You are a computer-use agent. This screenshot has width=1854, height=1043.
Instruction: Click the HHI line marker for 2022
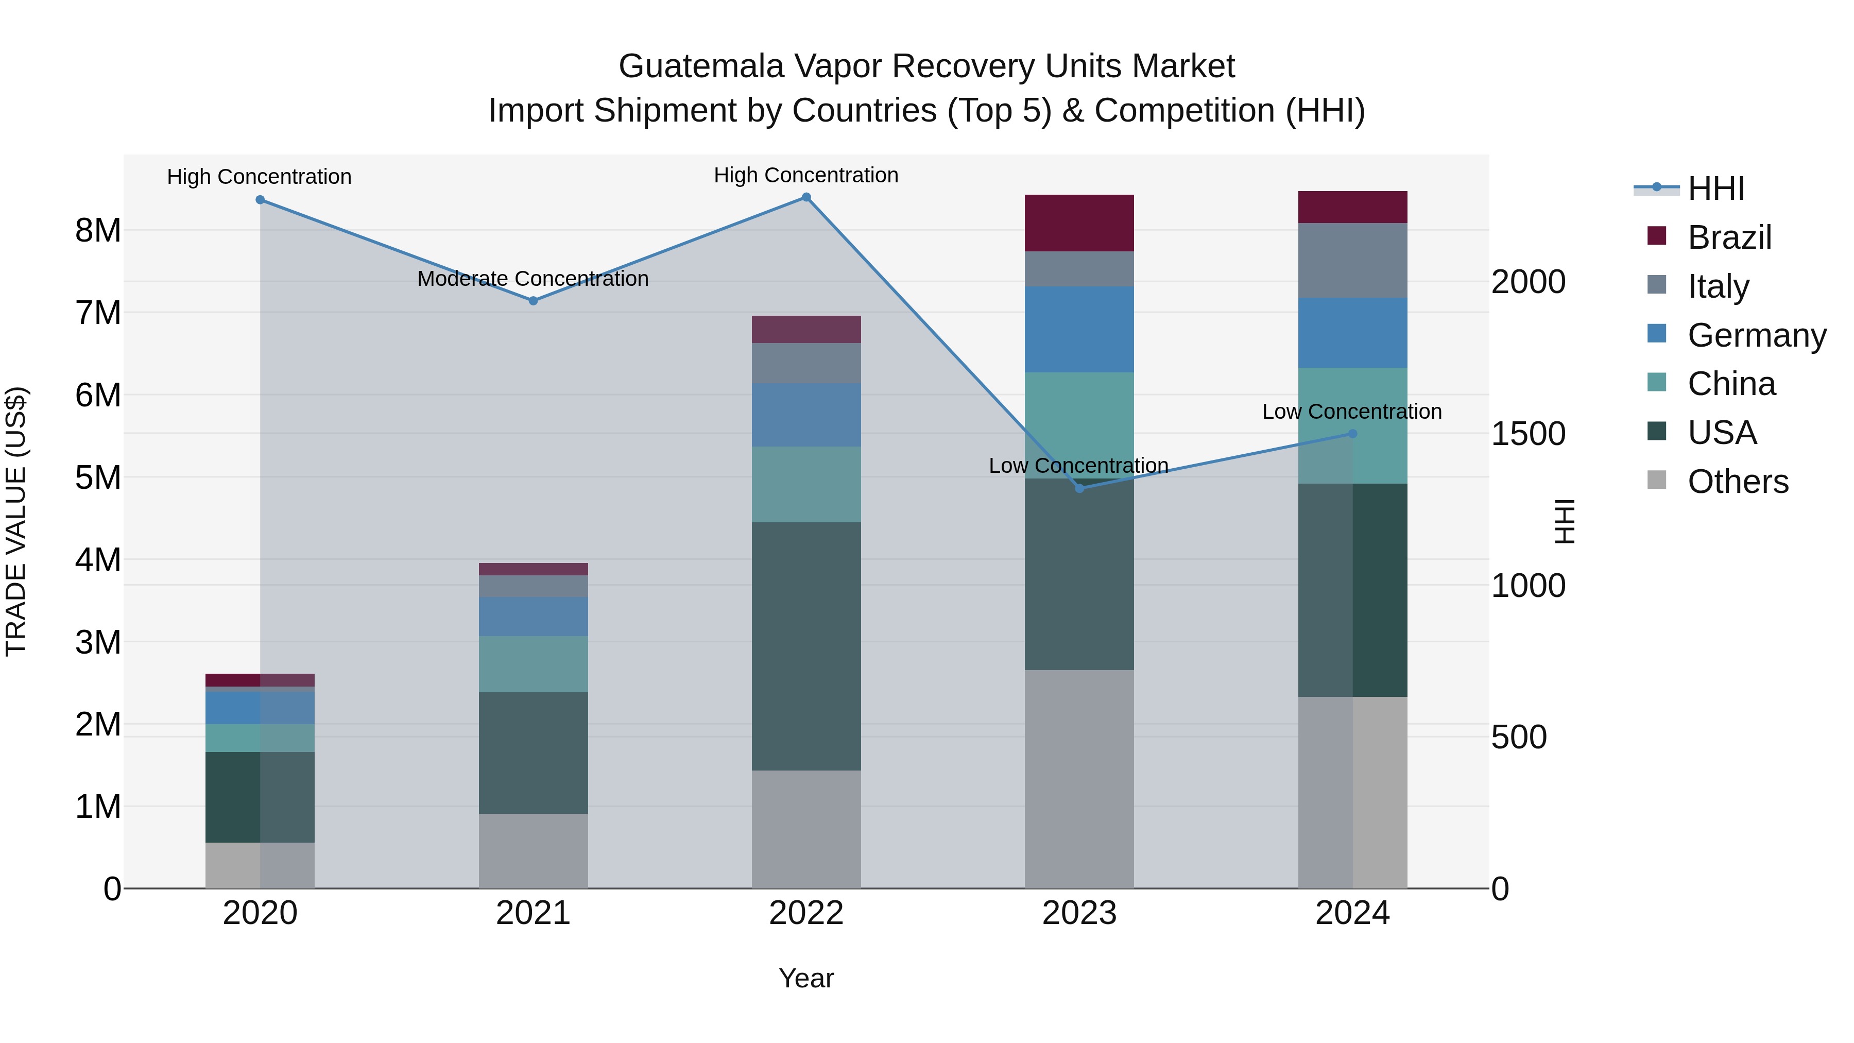pos(806,197)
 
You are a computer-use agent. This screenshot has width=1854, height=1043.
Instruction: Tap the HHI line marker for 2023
pos(1079,489)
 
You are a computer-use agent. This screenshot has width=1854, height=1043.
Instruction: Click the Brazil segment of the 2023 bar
pos(1079,223)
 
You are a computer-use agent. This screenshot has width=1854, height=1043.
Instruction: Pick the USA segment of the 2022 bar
pos(806,646)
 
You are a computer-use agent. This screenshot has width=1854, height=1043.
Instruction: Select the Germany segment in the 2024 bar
pos(1352,333)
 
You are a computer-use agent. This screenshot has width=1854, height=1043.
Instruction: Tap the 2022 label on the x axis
pos(806,913)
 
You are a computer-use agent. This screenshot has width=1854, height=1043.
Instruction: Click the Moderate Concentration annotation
pos(533,279)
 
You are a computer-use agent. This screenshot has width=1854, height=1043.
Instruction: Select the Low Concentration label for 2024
pos(1352,412)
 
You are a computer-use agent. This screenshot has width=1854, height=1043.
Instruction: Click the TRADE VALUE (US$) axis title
pos(16,521)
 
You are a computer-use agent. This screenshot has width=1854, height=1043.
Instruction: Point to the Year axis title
pos(806,978)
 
